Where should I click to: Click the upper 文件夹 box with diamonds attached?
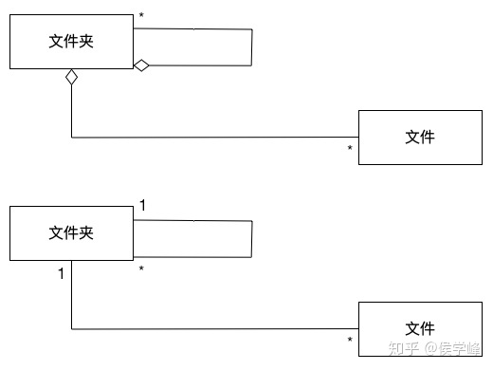tap(71, 42)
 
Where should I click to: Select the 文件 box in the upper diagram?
tap(419, 138)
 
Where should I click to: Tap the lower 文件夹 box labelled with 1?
tap(71, 231)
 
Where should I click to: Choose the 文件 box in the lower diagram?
tap(419, 328)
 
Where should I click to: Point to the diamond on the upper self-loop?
tap(141, 65)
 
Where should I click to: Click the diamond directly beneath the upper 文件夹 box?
tap(71, 79)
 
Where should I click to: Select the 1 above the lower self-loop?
tap(142, 205)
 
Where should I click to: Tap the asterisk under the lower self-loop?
tap(141, 270)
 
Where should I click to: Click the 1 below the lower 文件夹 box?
tap(60, 274)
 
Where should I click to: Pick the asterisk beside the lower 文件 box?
tap(350, 341)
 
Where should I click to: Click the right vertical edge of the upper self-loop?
tap(252, 47)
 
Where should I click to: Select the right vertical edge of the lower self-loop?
tap(252, 237)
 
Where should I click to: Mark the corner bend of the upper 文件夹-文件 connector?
tap(72, 138)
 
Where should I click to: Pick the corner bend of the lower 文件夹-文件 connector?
tap(72, 329)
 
